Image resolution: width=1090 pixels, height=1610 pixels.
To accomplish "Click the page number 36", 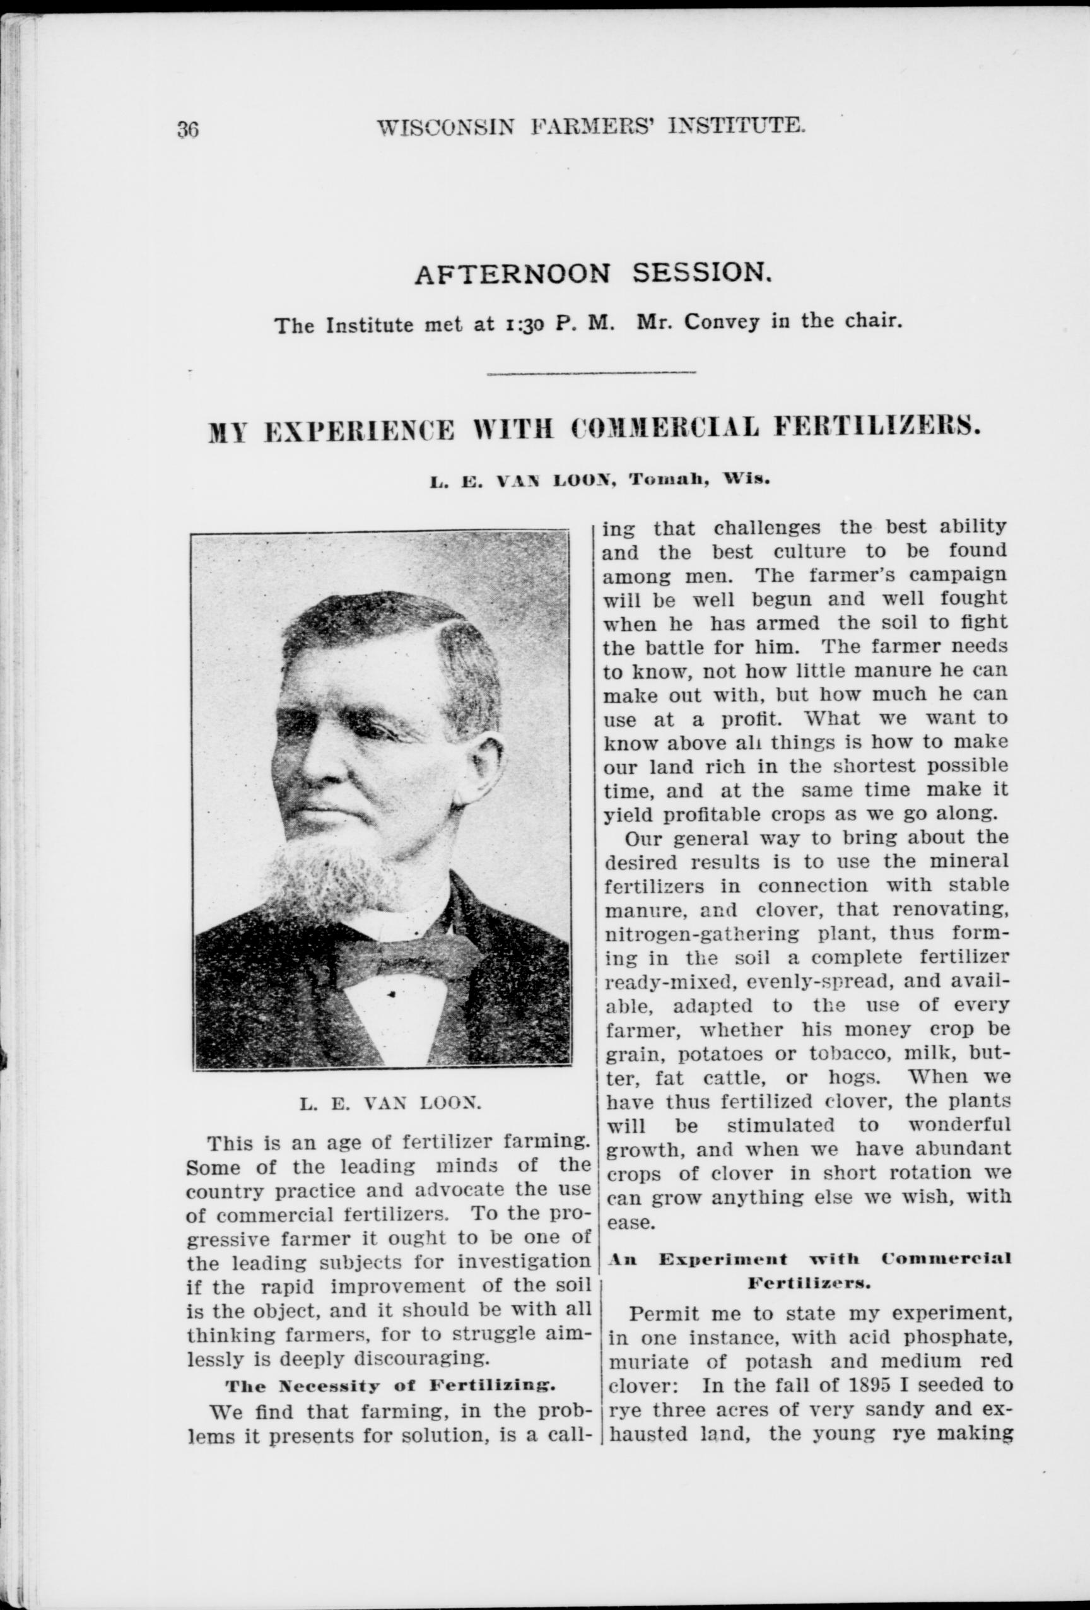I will click(x=189, y=129).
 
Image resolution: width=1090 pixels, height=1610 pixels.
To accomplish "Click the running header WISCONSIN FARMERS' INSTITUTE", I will click(x=592, y=126).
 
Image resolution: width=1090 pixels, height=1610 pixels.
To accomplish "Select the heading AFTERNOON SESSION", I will click(x=592, y=275).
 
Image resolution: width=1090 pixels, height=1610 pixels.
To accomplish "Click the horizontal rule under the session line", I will click(x=592, y=374).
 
